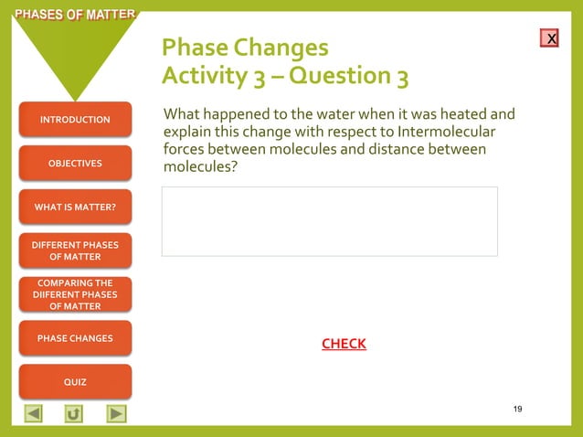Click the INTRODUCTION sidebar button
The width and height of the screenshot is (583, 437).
[75, 120]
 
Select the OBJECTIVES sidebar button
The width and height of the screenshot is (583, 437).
[75, 164]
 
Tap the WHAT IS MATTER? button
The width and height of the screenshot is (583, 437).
[75, 208]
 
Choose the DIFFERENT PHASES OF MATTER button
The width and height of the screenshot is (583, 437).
[75, 250]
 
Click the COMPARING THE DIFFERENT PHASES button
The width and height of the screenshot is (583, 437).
[75, 294]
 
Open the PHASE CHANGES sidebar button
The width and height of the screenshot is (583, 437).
[75, 338]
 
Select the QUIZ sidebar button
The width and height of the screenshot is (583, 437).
[75, 381]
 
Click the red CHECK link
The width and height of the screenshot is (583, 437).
[344, 344]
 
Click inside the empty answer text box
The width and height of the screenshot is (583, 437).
[329, 221]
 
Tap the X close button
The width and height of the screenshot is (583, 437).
[549, 38]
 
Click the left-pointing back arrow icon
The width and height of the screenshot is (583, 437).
[33, 414]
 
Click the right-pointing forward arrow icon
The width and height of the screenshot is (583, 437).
[116, 414]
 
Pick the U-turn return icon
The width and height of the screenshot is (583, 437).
[74, 414]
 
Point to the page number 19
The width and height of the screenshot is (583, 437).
[517, 408]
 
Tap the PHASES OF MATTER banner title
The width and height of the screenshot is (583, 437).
[69, 15]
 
